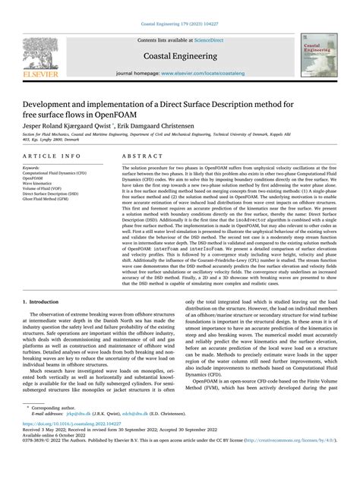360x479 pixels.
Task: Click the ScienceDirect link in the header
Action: tap(215, 38)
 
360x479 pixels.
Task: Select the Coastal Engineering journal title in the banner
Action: tap(179, 55)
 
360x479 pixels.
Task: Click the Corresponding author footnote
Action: tap(56, 428)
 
